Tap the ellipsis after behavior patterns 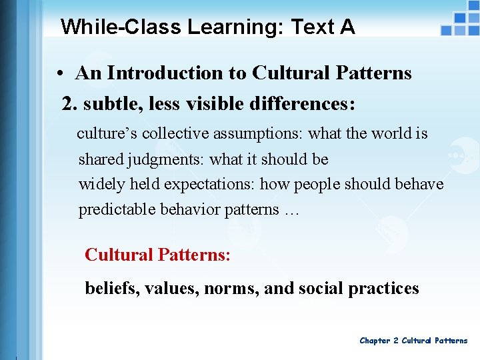tap(291, 210)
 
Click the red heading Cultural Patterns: tap(158, 255)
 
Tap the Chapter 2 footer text tap(413, 341)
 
